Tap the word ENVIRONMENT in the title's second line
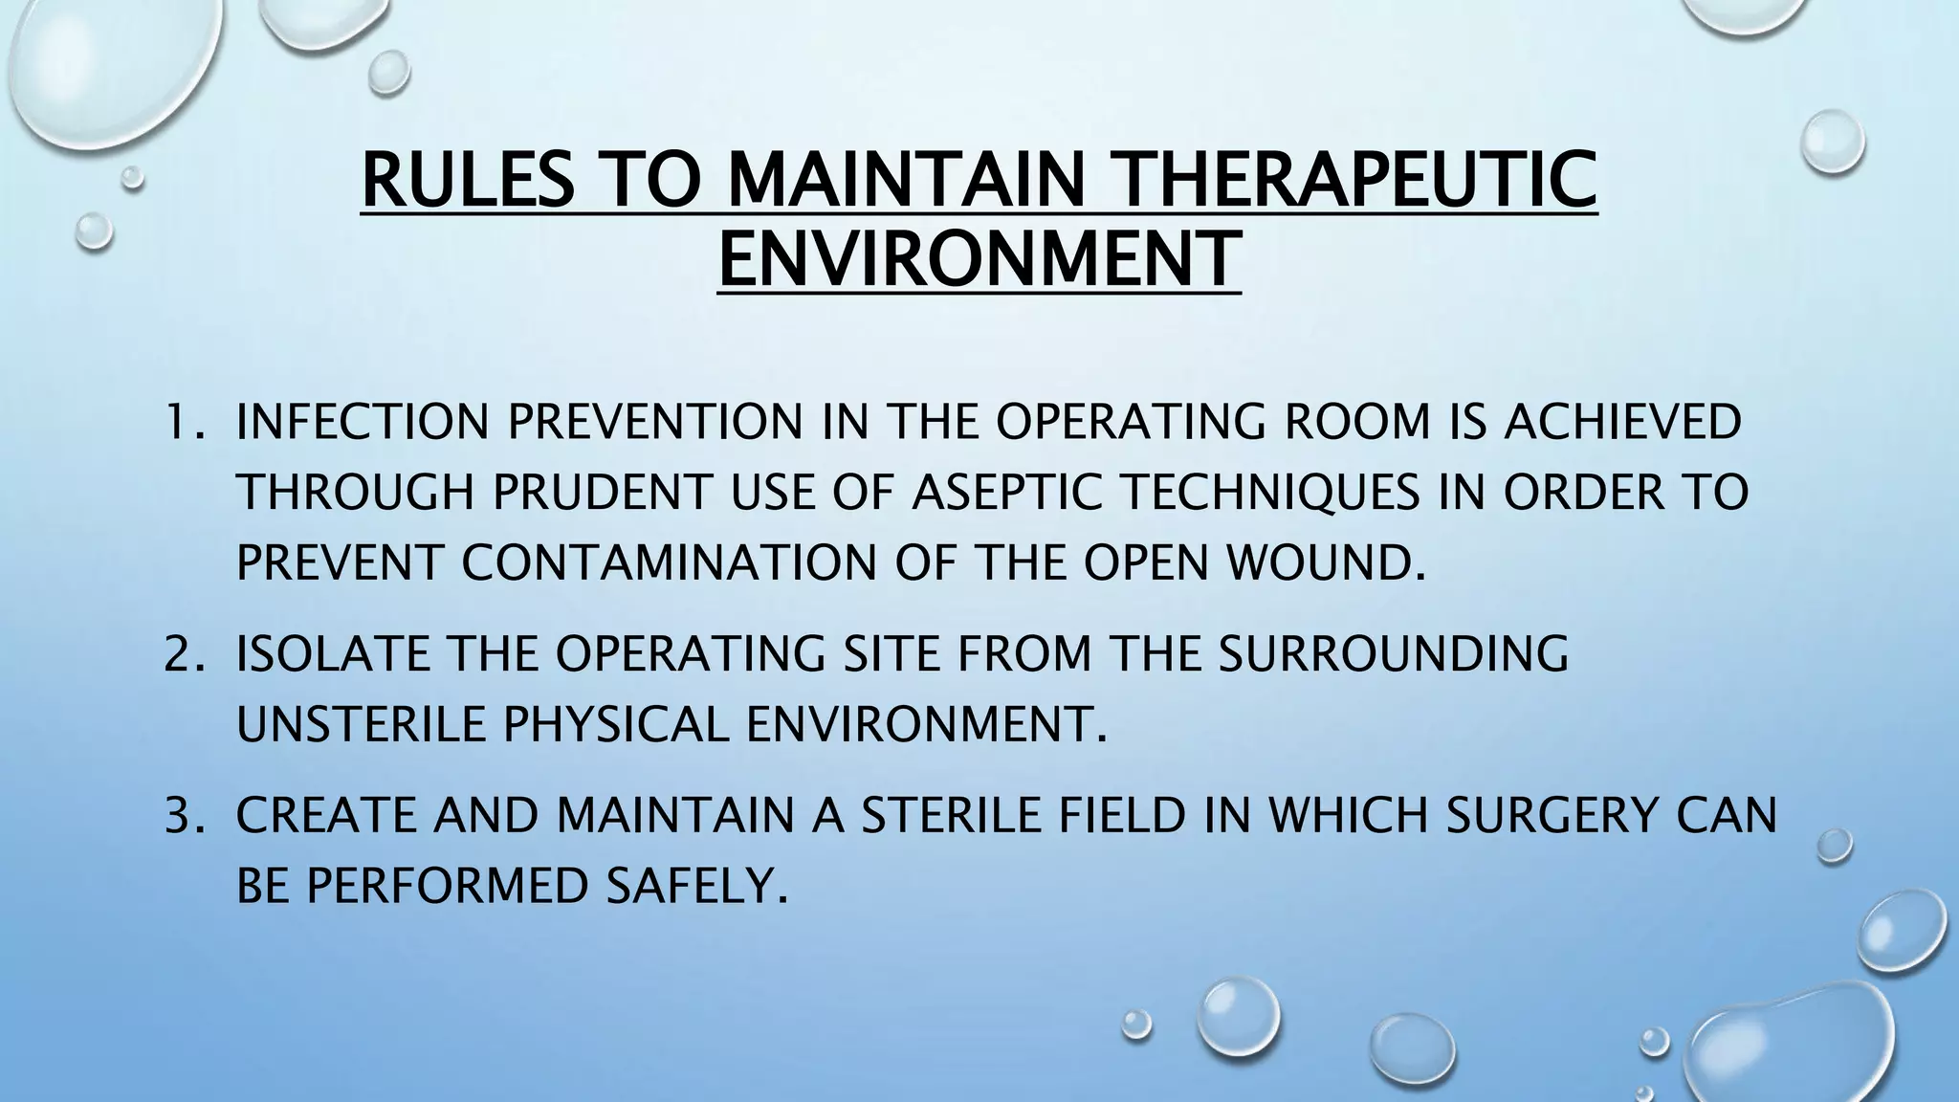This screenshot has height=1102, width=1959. tap(978, 258)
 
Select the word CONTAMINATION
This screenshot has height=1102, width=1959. tap(669, 562)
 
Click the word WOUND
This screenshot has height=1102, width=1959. tap(1324, 562)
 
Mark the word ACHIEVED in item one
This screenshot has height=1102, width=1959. tap(1622, 423)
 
